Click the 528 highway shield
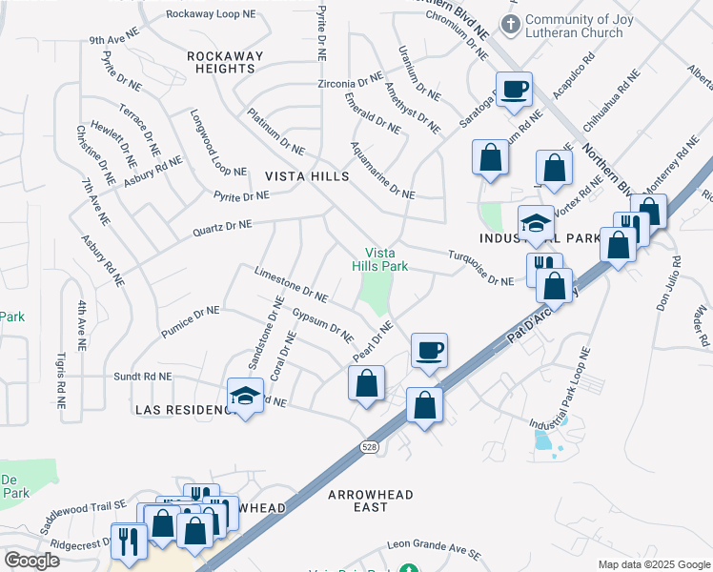click(x=369, y=446)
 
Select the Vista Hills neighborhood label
click(x=307, y=176)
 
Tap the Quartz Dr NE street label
click(x=222, y=228)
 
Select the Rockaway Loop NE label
click(x=213, y=14)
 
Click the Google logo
click(x=31, y=561)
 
